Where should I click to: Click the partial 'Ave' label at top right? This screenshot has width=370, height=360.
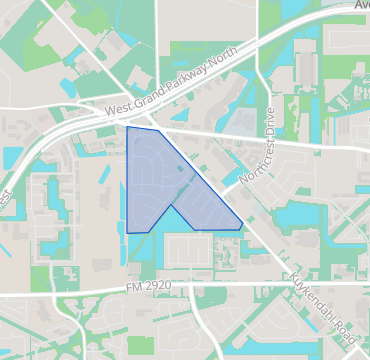tap(360, 5)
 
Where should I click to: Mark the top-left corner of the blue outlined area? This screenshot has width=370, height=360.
tap(128, 127)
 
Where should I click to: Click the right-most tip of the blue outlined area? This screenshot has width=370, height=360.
tap(242, 229)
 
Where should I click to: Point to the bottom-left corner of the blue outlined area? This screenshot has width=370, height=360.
tap(128, 233)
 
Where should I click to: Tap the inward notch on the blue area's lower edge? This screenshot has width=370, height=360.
tap(173, 206)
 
